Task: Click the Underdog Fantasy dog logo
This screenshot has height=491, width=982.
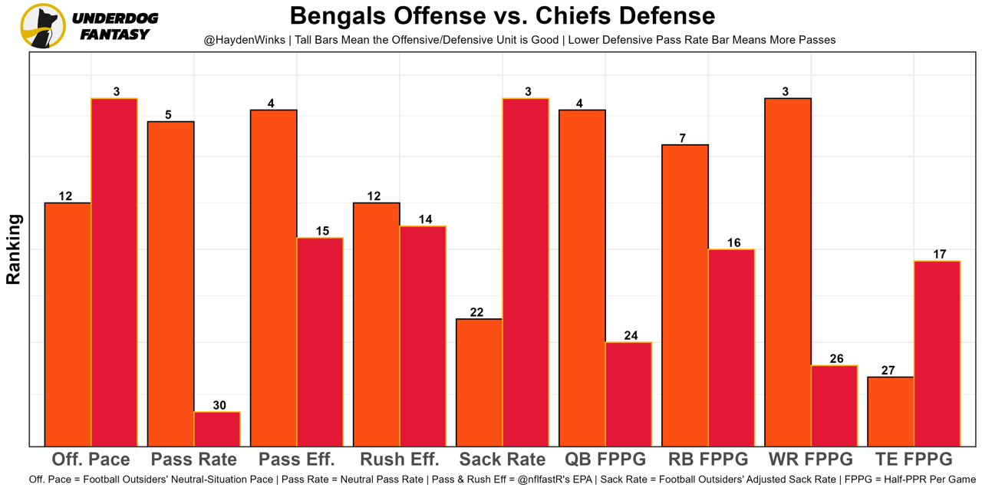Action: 43,25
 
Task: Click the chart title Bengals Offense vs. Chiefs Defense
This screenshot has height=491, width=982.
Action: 503,15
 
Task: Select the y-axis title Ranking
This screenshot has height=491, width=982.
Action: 13,249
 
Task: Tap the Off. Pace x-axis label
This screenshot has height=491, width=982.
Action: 91,460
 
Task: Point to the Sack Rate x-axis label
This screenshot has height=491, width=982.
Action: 502,460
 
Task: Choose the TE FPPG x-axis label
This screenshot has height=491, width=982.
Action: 914,460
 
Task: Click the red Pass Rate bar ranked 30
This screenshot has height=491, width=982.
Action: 217,429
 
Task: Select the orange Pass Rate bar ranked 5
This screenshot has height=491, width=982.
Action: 170,283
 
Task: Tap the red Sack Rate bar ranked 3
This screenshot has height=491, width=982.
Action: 526,272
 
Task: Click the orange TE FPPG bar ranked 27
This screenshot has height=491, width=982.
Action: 891,411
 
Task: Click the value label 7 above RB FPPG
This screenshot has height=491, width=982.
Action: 682,138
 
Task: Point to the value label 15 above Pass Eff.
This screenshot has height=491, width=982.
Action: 322,231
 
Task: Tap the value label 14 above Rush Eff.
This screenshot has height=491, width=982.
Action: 425,219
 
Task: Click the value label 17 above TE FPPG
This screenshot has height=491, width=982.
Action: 939,255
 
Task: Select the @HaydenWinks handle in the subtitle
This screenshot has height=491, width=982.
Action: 245,40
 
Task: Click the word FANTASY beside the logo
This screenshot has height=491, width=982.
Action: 114,35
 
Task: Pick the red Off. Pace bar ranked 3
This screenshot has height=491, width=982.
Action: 114,272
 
